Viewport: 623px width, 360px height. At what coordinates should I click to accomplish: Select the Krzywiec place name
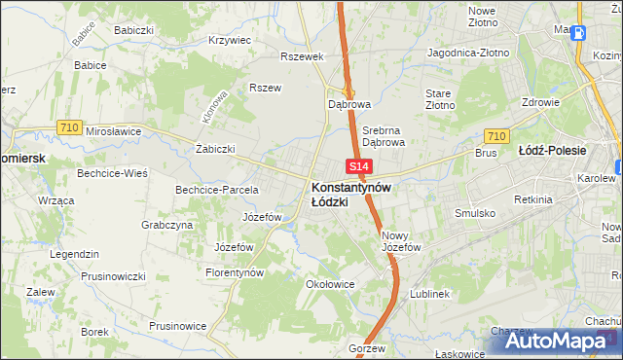coord(230,41)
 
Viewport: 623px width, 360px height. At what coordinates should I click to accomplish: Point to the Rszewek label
coord(301,56)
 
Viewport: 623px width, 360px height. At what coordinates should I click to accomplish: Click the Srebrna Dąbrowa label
coord(383,135)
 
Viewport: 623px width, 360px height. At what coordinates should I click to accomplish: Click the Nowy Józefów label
coord(401,241)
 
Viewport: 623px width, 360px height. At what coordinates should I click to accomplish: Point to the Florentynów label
coord(235,273)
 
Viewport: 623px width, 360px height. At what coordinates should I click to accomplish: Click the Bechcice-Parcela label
coord(216,190)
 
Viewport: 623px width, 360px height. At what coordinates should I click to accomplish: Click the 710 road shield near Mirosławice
coord(68,127)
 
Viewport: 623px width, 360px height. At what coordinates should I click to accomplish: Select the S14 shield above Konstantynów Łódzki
coord(356,168)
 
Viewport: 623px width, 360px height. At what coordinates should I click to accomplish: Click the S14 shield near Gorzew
coord(358,332)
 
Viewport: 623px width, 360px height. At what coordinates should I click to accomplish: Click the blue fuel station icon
coord(579,30)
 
